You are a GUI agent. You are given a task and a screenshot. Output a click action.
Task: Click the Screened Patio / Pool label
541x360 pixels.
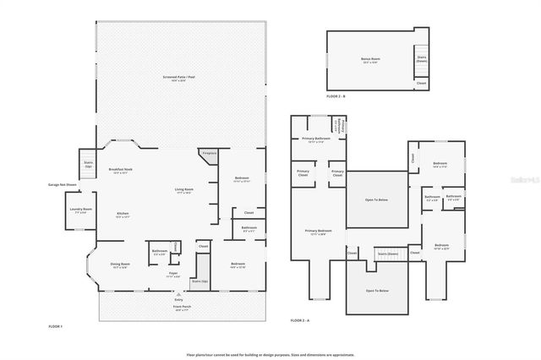178,78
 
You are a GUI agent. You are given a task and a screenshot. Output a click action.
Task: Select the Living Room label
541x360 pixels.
184,190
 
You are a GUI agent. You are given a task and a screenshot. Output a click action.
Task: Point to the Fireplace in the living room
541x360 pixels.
208,154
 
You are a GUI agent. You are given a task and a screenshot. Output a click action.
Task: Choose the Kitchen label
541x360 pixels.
123,215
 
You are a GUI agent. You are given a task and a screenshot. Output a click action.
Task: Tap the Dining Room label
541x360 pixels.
119,265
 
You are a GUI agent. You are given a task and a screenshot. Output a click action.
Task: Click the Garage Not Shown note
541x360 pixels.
63,184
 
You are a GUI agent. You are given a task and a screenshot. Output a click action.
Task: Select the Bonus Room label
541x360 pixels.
370,60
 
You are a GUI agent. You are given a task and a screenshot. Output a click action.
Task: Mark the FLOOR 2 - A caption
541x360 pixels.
301,321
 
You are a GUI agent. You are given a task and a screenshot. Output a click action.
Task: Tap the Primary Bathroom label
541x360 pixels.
316,140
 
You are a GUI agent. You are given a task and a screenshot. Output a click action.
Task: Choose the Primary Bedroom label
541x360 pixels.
318,232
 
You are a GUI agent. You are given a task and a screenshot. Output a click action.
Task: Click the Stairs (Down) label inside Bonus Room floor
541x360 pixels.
421,59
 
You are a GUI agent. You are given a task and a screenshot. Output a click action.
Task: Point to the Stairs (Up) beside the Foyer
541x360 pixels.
199,281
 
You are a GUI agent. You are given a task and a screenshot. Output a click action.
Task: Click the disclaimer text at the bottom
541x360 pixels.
270,355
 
